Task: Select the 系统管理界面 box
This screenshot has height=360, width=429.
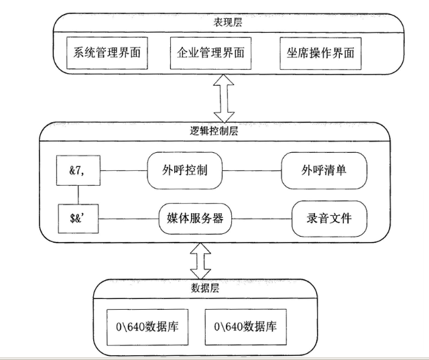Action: [107, 51]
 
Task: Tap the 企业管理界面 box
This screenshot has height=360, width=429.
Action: [211, 51]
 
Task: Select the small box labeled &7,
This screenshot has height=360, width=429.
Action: [78, 170]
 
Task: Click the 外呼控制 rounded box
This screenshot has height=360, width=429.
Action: [183, 170]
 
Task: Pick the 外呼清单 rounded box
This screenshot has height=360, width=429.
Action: [324, 170]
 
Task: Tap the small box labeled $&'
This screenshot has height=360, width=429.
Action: [78, 219]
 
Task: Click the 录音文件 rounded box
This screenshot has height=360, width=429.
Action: [330, 219]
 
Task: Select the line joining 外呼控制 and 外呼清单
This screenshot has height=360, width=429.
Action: [251, 170]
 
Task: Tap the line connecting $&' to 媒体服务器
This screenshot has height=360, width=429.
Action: [128, 219]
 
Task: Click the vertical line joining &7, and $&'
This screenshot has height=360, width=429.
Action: [78, 194]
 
